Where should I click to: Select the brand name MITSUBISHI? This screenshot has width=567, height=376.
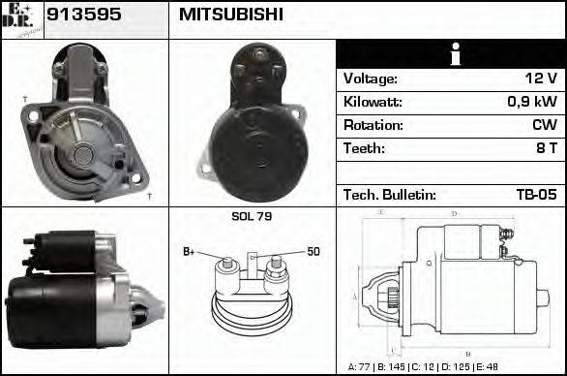[230, 15]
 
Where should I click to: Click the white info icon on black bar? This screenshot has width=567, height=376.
[451, 54]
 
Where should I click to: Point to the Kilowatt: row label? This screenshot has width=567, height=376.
[373, 102]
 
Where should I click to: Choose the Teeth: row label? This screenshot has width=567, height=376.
[364, 148]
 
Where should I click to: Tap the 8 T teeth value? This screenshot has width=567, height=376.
[547, 148]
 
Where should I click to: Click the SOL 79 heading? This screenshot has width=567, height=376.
[252, 216]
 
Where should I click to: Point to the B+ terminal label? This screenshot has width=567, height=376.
[190, 252]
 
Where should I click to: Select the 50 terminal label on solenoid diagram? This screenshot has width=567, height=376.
[313, 252]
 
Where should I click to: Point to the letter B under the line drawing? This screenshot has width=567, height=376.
[467, 354]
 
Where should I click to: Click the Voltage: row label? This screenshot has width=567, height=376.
[370, 78]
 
